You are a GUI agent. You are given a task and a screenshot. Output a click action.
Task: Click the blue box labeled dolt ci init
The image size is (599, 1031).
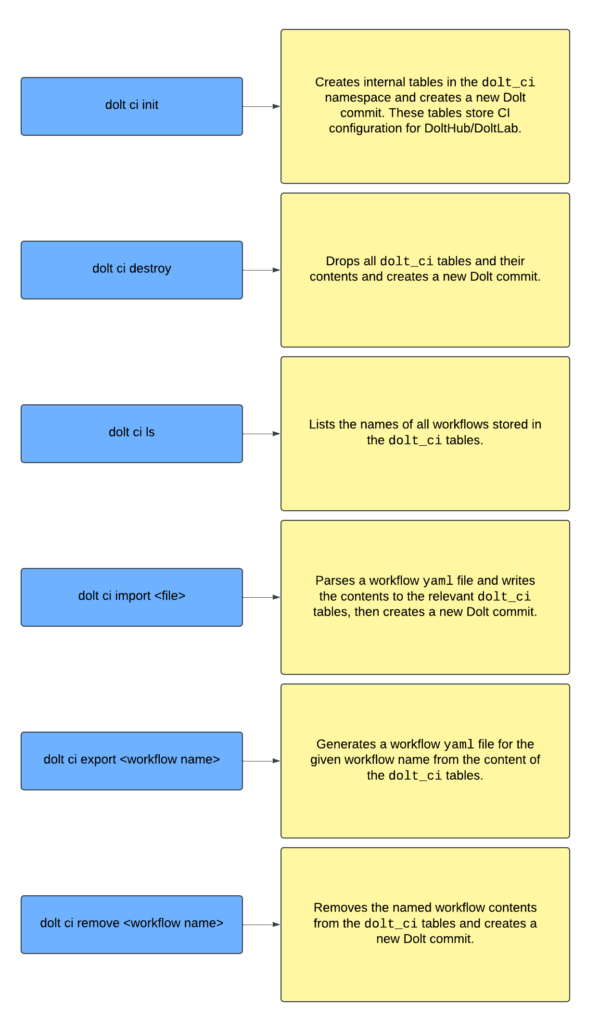click(132, 106)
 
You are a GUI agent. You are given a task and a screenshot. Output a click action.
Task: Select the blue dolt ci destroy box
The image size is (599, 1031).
click(132, 270)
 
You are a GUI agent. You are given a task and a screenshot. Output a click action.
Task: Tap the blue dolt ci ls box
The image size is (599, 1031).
click(132, 434)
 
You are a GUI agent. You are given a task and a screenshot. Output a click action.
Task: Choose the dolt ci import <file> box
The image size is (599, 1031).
click(132, 597)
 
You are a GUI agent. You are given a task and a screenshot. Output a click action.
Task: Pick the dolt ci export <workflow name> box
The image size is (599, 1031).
click(132, 761)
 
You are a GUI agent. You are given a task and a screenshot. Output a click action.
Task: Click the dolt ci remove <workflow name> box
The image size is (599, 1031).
click(132, 925)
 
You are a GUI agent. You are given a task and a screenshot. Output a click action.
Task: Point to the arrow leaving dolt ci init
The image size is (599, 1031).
click(262, 106)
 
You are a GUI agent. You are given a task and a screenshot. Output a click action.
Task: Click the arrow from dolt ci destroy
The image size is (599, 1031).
click(262, 270)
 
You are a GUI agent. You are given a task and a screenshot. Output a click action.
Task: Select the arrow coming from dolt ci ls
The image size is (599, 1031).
click(262, 434)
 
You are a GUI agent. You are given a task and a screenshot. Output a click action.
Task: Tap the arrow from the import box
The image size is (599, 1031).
click(262, 597)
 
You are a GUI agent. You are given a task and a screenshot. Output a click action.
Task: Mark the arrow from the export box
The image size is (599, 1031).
click(262, 761)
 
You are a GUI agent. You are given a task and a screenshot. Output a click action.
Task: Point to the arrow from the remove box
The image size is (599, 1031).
click(262, 925)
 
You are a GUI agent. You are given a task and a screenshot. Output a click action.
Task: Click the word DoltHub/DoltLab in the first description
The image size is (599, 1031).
click(472, 129)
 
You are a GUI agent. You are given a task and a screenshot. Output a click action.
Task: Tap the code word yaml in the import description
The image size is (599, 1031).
click(438, 581)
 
